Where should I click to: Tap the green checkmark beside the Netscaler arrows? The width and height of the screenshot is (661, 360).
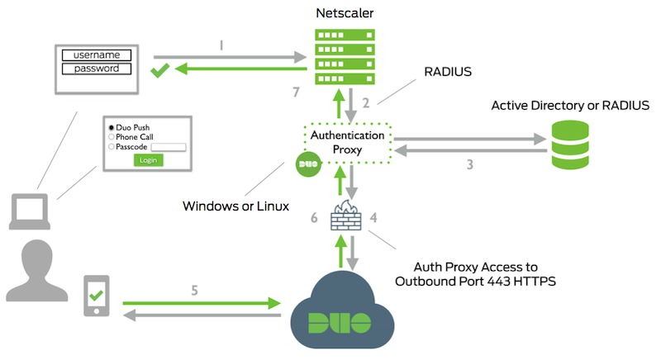(160, 72)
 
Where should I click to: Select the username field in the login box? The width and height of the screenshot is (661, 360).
(97, 54)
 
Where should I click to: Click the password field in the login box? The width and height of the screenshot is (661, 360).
(97, 68)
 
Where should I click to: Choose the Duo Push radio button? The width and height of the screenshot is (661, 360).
(112, 129)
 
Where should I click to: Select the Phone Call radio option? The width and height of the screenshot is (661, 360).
(112, 138)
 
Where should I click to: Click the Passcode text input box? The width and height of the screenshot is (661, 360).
(169, 147)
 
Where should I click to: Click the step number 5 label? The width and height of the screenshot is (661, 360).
(195, 290)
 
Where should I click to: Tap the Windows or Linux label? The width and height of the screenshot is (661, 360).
(236, 206)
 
